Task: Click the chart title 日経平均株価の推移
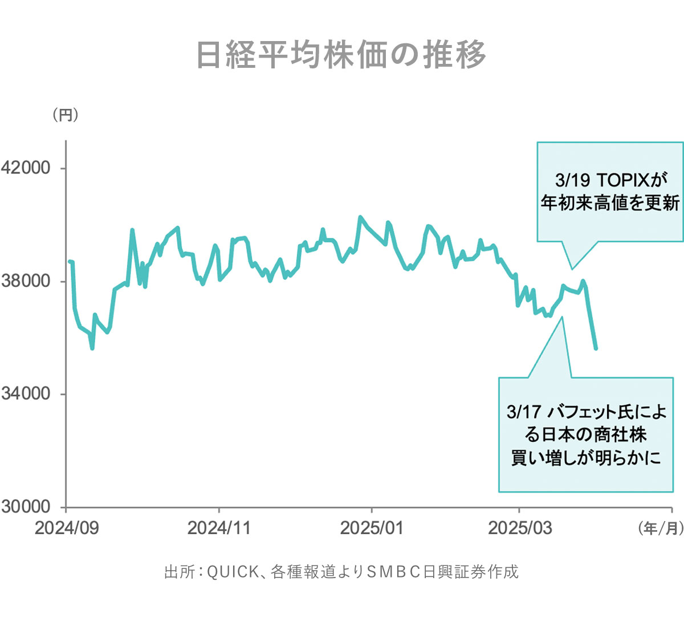tap(341, 55)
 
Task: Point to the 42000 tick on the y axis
tap(26, 168)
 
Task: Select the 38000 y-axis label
tap(26, 281)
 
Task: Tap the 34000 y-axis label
tap(26, 394)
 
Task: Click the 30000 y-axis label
tap(26, 507)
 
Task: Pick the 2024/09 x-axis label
tap(67, 528)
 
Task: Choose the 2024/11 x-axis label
tap(219, 528)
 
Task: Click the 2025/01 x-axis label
tap(372, 528)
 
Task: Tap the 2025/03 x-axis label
tap(519, 528)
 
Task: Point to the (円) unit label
tap(66, 115)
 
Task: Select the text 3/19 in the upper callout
tap(571, 181)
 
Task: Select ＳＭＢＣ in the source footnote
tap(393, 571)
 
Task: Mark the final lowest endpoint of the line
tap(596, 348)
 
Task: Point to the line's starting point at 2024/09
tap(70, 262)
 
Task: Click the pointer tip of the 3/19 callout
tap(572, 269)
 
